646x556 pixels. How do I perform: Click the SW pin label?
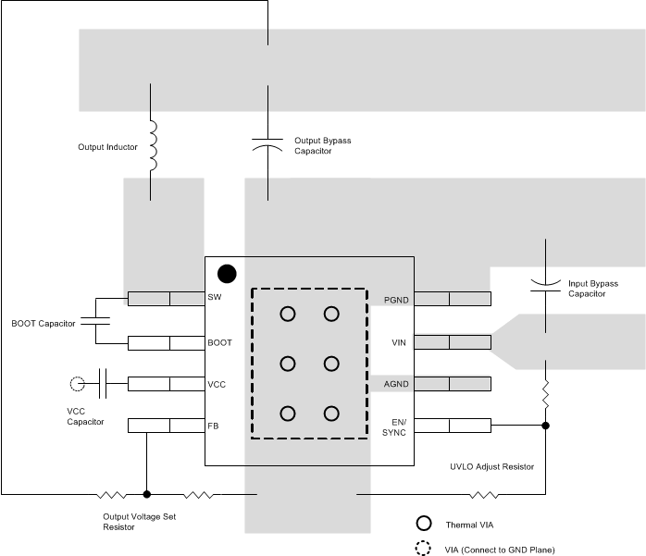[215, 299]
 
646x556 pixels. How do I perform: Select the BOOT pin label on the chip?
[220, 342]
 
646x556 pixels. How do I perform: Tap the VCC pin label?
[217, 384]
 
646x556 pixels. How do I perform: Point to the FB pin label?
[214, 426]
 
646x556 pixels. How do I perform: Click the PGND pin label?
[395, 300]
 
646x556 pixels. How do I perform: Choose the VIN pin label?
[400, 342]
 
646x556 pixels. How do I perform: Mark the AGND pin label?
[395, 384]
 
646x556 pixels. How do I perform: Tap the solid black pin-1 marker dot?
[225, 273]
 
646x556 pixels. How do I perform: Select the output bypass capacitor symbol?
[267, 143]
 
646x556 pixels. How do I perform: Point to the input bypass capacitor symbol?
[545, 281]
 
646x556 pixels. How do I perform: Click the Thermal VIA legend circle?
[424, 523]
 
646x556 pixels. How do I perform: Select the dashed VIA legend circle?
[424, 548]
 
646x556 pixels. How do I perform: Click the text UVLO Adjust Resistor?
[491, 467]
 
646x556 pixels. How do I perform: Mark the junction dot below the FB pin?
[146, 493]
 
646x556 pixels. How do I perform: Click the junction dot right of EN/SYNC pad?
[545, 426]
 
